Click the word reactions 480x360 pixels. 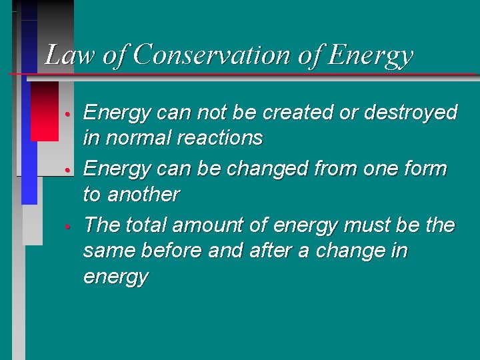click(x=219, y=138)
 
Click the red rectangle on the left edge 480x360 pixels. click(x=45, y=111)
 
